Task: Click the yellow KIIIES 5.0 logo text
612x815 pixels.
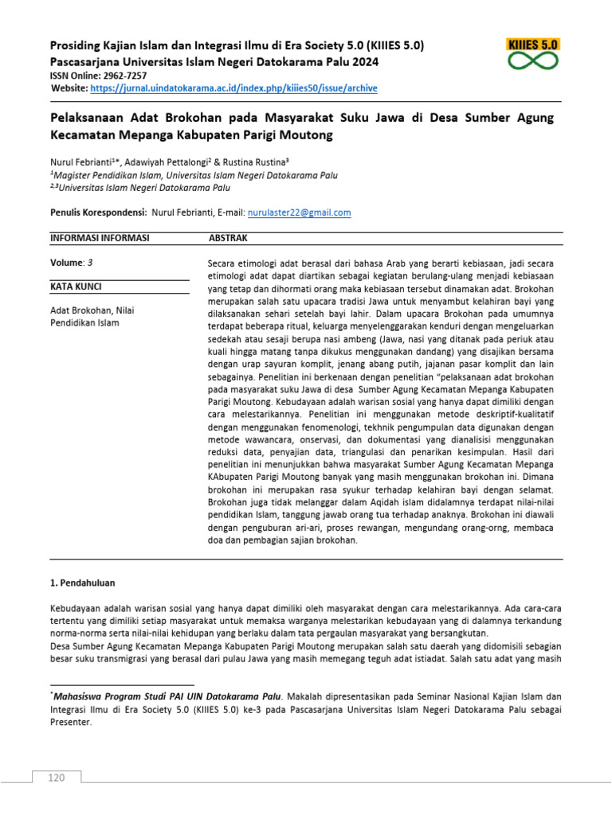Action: point(533,45)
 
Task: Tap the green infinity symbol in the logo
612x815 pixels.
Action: point(533,61)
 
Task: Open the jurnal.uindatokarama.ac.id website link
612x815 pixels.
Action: point(233,88)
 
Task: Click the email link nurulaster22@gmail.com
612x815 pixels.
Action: point(299,213)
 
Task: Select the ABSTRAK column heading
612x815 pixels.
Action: point(228,238)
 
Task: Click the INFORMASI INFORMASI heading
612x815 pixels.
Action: point(100,238)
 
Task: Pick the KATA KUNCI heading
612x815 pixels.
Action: point(76,287)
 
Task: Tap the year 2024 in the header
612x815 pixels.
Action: point(362,61)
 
